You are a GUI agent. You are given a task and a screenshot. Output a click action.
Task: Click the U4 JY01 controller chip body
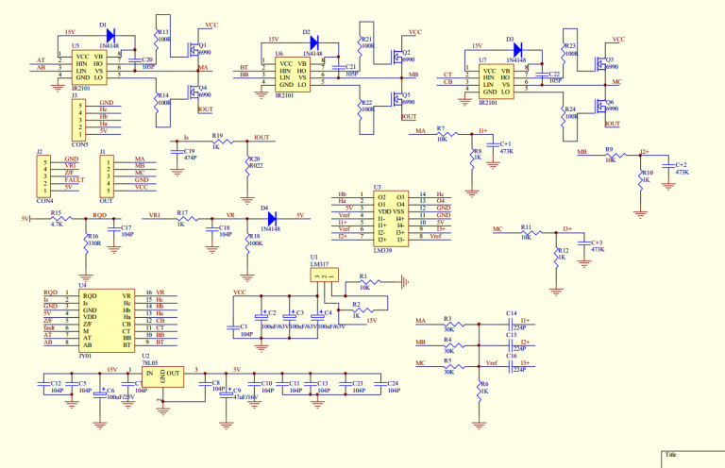pos(99,320)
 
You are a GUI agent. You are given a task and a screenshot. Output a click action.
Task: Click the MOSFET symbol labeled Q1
pos(194,46)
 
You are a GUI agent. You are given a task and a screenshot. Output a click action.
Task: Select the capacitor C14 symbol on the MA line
pos(511,323)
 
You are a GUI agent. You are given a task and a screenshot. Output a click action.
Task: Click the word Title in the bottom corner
pos(671,456)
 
